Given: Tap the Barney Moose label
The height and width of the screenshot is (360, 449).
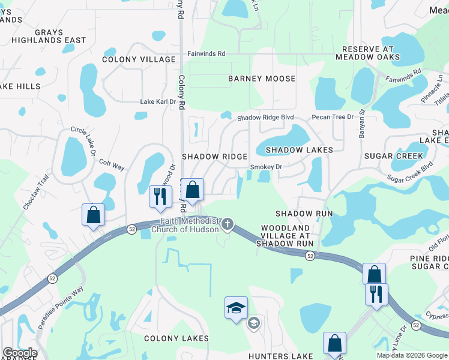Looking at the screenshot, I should [262, 79].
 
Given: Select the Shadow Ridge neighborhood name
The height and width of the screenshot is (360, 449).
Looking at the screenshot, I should [215, 156].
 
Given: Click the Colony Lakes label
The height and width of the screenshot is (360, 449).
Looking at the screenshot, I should [176, 338].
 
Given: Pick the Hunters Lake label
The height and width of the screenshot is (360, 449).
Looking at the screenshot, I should [282, 356].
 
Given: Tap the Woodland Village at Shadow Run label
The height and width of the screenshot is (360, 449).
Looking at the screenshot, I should [285, 236].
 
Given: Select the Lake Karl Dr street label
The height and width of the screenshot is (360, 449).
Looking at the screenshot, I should [158, 102].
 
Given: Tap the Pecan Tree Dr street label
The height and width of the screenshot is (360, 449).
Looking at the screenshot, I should [333, 116].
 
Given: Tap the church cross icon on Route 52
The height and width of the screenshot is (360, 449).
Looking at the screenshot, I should [227, 225].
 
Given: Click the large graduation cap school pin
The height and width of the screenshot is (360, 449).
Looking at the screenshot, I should [237, 308].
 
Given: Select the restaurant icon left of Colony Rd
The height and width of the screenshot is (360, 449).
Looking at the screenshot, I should [160, 196].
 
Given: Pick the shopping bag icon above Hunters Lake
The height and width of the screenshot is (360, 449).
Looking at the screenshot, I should [334, 344].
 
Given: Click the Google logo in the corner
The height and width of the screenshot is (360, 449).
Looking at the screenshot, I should [20, 353].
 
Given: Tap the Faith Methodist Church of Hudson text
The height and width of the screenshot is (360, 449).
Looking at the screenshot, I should [185, 225].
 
